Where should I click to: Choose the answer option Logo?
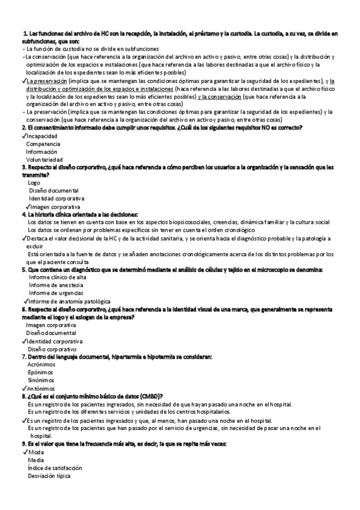coord(34,182)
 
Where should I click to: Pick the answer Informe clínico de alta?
coord(57,277)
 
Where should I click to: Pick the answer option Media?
coord(35,459)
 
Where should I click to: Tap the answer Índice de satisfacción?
coord(55,467)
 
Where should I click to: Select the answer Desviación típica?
coord(49,476)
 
